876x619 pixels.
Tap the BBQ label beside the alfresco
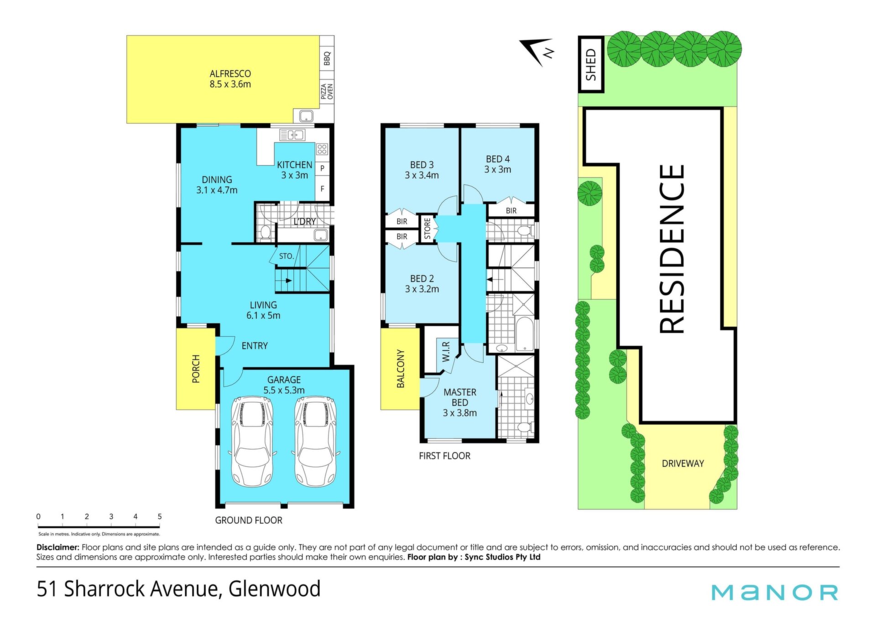[327, 58]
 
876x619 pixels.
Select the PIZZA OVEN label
[327, 91]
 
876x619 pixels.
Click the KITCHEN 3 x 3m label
[295, 170]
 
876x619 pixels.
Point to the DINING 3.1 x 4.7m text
[217, 185]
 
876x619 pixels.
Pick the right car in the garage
[316, 441]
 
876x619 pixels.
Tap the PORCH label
[196, 369]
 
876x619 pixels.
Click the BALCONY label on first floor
[401, 369]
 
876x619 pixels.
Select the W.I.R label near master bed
[446, 352]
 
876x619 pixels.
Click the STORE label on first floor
[428, 229]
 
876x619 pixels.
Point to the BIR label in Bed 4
[511, 211]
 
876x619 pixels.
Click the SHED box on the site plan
[591, 64]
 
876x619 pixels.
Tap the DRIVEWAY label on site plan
[683, 463]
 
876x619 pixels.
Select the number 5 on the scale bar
[160, 516]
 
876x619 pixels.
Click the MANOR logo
[775, 592]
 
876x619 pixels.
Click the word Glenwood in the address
[274, 588]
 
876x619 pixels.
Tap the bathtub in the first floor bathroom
[525, 334]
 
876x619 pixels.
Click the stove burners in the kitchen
[322, 149]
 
